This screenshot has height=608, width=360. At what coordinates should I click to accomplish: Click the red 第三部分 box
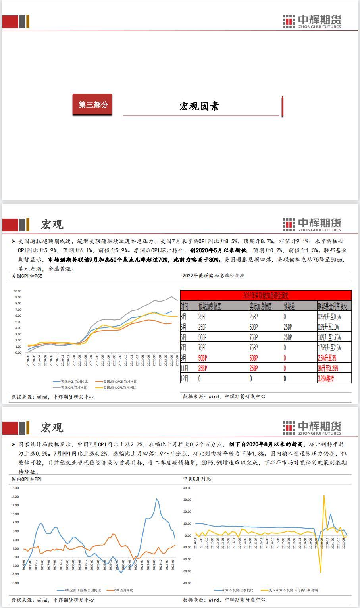tap(92, 105)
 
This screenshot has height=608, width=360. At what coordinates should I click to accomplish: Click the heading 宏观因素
tap(199, 106)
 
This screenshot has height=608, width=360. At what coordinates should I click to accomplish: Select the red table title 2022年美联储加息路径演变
tap(266, 295)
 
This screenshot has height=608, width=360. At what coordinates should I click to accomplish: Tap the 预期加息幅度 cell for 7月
tap(222, 348)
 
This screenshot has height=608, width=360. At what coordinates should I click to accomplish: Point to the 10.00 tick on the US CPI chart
tap(17, 291)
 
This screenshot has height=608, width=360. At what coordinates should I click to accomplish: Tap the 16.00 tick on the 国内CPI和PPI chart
tap(15, 488)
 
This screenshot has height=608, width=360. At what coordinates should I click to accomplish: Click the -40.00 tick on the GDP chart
tap(187, 583)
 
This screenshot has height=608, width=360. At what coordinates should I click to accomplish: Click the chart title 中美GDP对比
tap(197, 479)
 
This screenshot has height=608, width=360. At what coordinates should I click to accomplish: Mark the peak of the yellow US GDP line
tap(324, 496)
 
